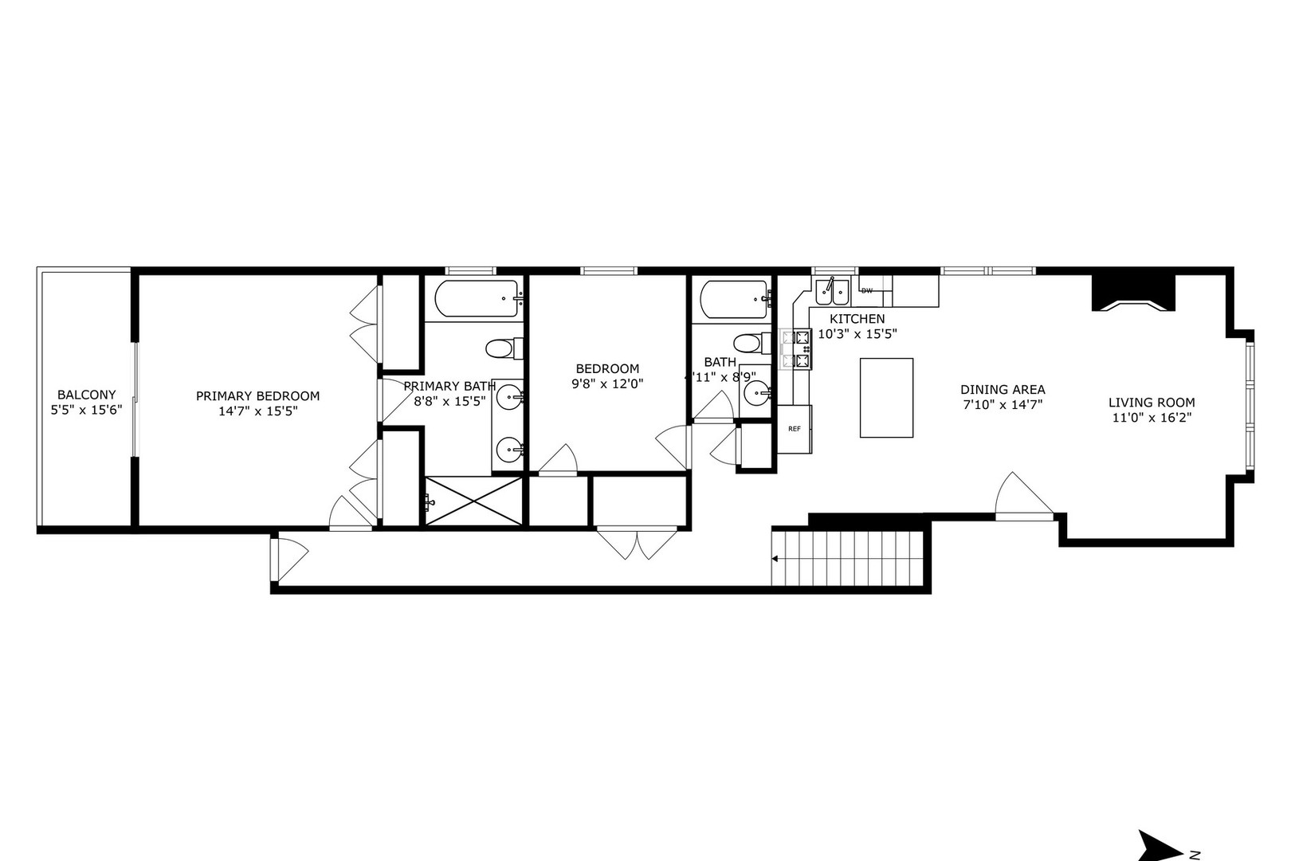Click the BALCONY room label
tap(86, 395)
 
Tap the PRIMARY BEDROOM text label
tap(257, 395)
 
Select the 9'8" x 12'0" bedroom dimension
tap(607, 383)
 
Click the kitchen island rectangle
tap(886, 397)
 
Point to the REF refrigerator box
tap(794, 429)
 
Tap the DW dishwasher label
tap(867, 291)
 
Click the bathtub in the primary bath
tap(477, 300)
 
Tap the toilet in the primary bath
tap(502, 348)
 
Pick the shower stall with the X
tap(473, 501)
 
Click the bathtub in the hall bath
tap(733, 300)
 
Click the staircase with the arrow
tap(850, 558)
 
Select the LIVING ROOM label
tap(1152, 403)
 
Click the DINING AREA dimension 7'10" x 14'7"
tap(1002, 404)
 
